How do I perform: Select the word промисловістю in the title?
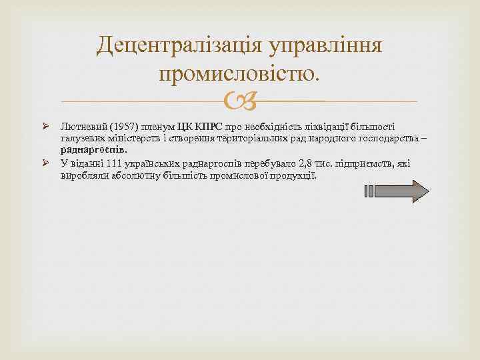point(239,71)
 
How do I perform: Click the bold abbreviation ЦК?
point(185,126)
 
